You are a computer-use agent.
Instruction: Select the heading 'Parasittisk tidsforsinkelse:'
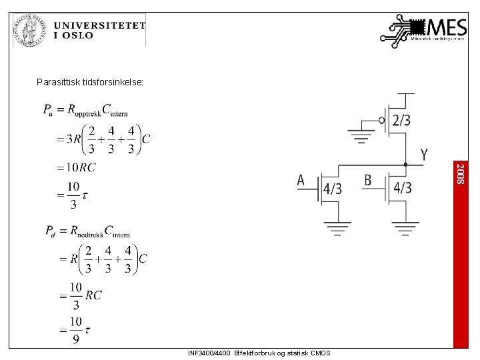[90, 83]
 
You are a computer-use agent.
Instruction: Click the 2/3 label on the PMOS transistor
[401, 121]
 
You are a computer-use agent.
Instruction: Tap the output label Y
[424, 155]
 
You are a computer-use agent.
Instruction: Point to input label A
[301, 181]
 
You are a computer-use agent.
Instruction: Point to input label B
[368, 181]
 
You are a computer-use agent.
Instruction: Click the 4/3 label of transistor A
[332, 189]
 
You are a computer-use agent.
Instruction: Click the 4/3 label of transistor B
[401, 189]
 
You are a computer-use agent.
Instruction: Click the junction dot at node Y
[405, 163]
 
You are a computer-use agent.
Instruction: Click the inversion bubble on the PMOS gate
[382, 121]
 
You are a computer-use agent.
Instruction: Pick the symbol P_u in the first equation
[48, 110]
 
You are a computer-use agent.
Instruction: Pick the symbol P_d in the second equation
[51, 231]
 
